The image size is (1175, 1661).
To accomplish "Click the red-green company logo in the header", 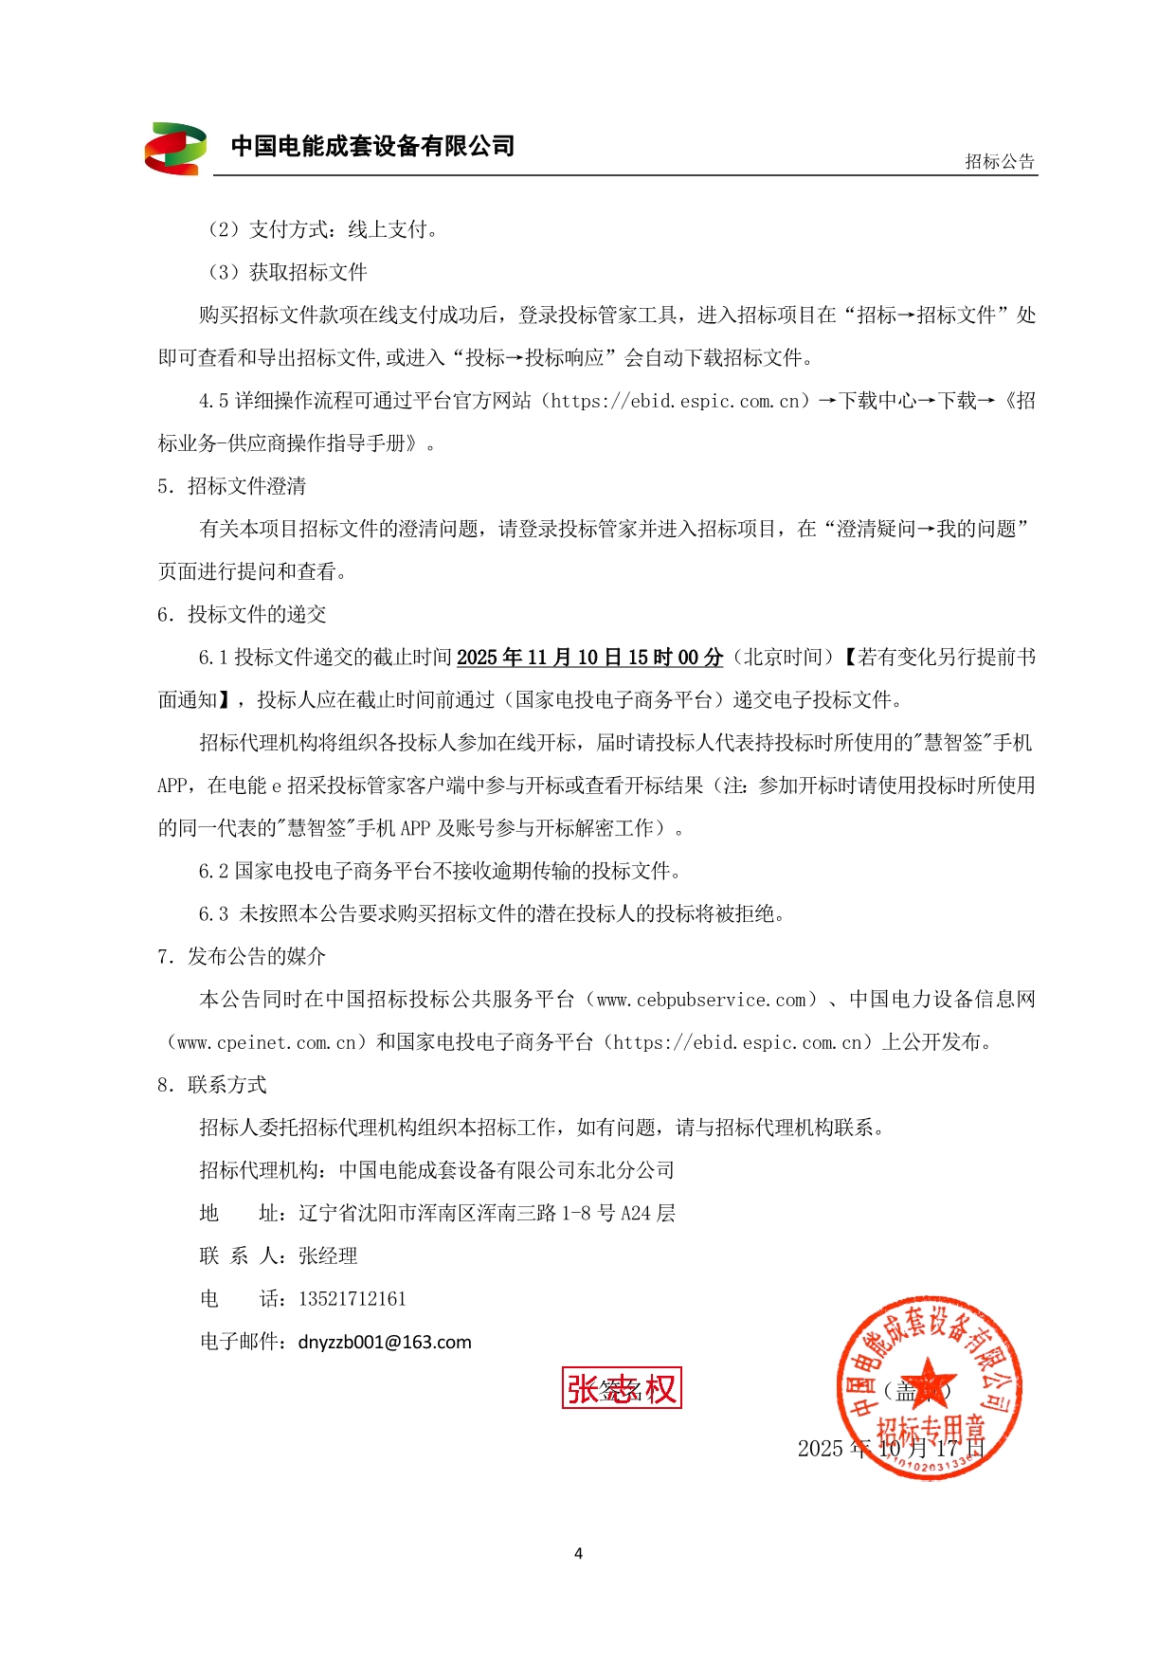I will tap(175, 149).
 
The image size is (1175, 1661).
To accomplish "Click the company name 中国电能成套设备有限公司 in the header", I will tap(372, 146).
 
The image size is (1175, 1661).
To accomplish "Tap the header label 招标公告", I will tap(1000, 162).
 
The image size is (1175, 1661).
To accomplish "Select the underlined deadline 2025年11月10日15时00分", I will tap(589, 658).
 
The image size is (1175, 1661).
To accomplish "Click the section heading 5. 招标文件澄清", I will tap(232, 487).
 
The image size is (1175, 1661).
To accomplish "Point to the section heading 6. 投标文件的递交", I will tap(242, 615).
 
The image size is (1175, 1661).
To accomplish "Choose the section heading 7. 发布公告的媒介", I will tap(242, 957).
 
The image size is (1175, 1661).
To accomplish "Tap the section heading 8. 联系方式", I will tap(212, 1085).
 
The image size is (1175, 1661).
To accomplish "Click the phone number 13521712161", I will tap(352, 1299).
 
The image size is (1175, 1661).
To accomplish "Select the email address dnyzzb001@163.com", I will tap(385, 1343).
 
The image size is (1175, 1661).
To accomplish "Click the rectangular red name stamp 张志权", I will tap(622, 1388).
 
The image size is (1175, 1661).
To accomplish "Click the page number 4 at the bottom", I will tap(578, 1554).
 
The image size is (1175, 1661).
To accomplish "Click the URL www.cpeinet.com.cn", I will tap(266, 1043).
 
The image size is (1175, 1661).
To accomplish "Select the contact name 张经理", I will tap(328, 1256).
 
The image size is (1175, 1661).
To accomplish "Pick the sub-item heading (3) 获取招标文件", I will tap(287, 273).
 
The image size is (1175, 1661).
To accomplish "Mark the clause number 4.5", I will tap(213, 402).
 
